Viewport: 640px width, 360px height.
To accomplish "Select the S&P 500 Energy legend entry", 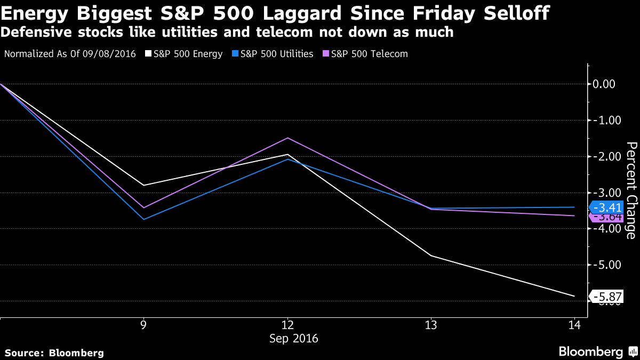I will click(x=187, y=54).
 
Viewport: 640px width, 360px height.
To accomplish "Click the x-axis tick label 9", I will click(x=143, y=325).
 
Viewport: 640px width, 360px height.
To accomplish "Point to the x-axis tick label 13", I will click(x=431, y=325).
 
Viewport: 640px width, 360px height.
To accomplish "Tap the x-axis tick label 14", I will click(x=574, y=325).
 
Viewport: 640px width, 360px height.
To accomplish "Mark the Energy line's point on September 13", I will click(x=431, y=255).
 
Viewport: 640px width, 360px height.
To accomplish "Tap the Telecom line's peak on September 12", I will click(x=287, y=138).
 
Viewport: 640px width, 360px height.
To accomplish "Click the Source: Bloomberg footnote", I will click(x=54, y=353).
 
